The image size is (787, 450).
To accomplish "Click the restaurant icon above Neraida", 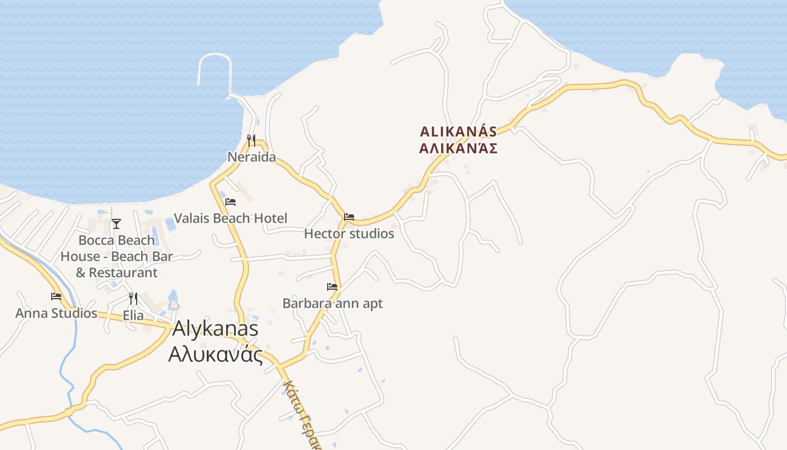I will click(x=251, y=140).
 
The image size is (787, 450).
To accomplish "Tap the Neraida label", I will click(x=251, y=157).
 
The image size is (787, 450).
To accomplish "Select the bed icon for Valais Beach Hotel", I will click(x=230, y=201).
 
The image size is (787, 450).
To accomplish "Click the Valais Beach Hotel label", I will click(x=230, y=218).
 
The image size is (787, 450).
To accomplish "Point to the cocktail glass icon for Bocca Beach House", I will click(x=116, y=224).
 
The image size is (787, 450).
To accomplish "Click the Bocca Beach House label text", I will click(x=116, y=256).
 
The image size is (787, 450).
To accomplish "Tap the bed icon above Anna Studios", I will click(x=56, y=296).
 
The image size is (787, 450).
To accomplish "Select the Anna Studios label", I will click(x=56, y=313).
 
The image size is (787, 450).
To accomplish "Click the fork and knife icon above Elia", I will click(x=133, y=298).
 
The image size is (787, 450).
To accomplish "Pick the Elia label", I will click(x=133, y=316).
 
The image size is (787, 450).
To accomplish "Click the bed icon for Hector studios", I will click(x=349, y=217).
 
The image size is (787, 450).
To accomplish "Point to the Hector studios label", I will click(x=349, y=233).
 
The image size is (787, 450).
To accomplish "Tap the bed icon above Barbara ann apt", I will click(x=332, y=286).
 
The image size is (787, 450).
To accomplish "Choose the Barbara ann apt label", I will click(x=332, y=303).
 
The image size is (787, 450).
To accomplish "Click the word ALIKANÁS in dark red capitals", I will click(x=459, y=132).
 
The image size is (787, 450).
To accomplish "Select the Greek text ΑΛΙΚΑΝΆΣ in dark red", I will click(x=459, y=148).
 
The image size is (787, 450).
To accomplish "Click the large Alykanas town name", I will click(x=215, y=329).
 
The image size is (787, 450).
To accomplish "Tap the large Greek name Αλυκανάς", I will click(x=215, y=355).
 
